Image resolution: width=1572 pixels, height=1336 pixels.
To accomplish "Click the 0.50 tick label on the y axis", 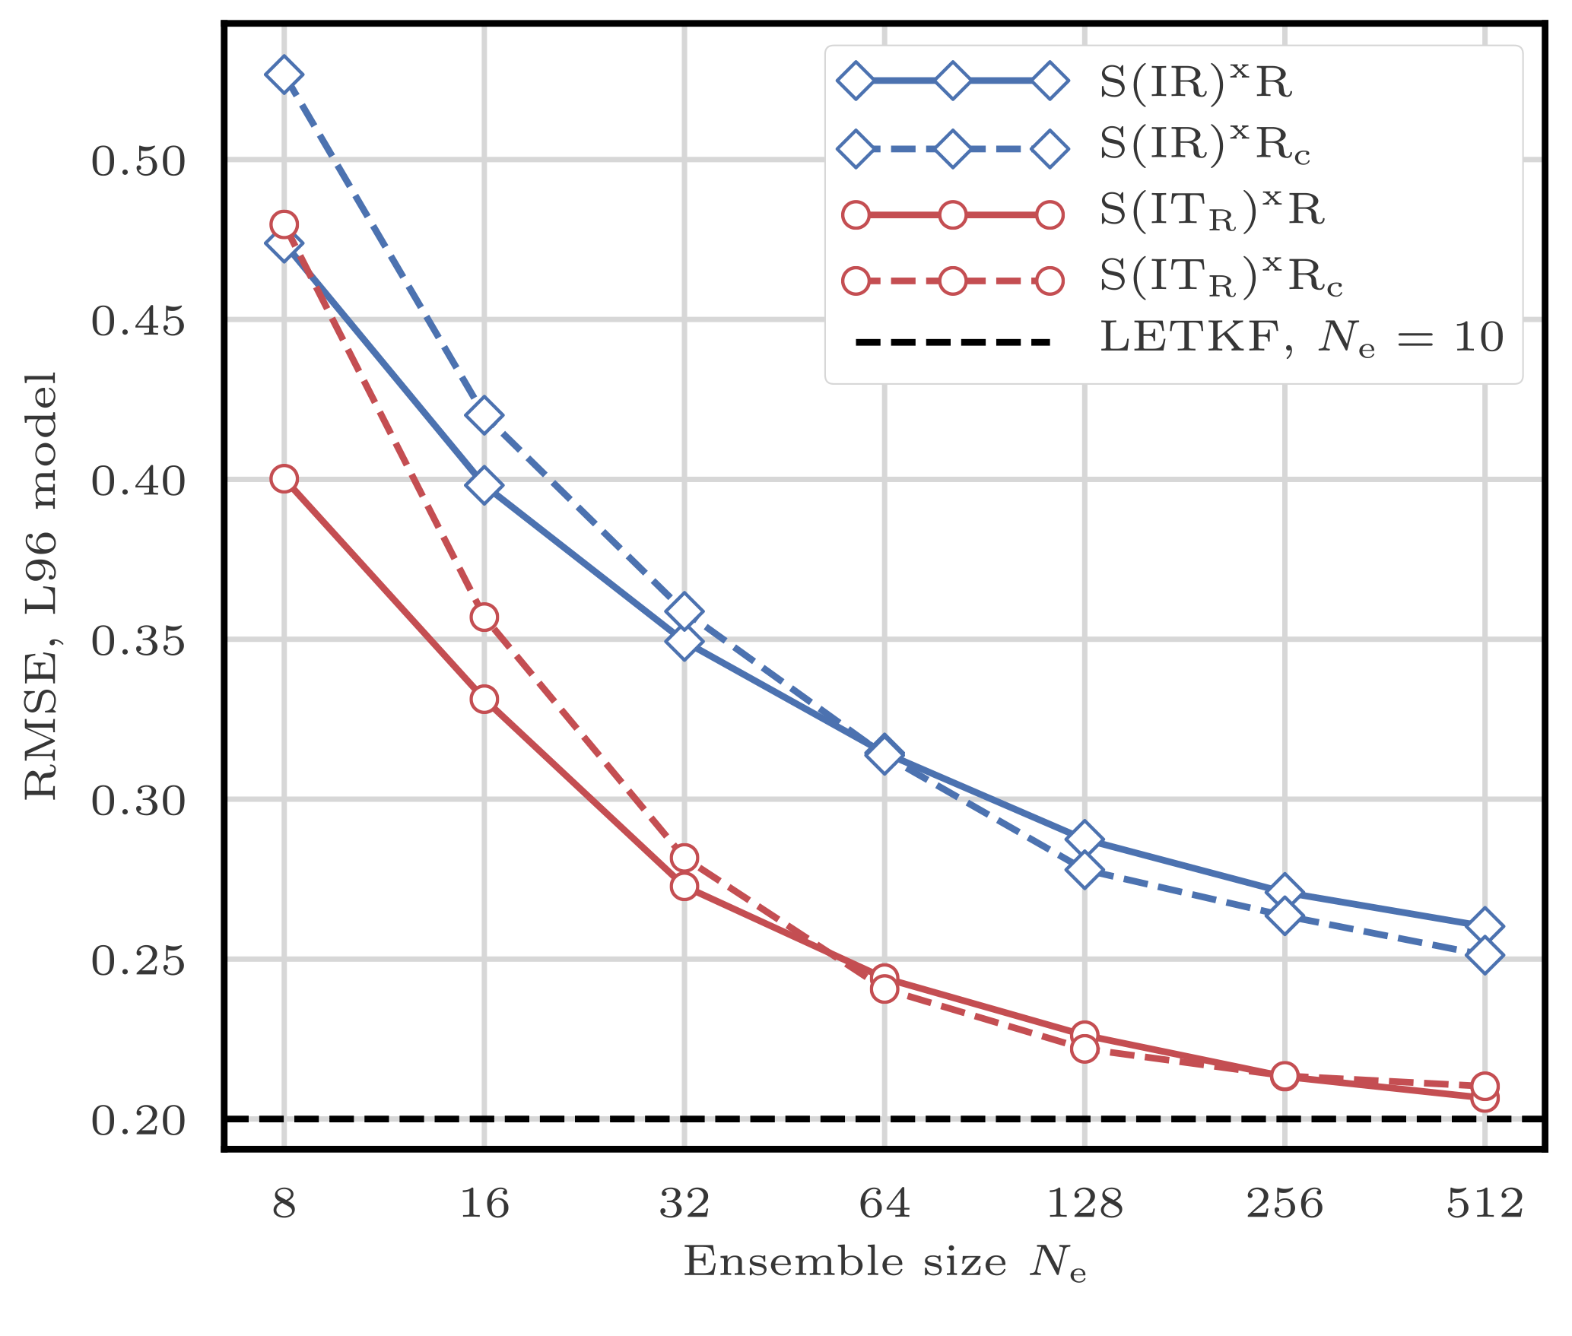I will click(x=138, y=161).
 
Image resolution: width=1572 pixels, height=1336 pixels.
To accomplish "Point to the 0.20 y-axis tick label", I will click(x=138, y=1121).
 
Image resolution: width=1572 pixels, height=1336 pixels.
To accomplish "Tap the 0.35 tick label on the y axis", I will click(x=138, y=641).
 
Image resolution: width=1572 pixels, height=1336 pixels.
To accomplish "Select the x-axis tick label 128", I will click(x=1085, y=1204).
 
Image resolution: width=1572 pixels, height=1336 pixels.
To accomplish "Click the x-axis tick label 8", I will click(x=284, y=1204).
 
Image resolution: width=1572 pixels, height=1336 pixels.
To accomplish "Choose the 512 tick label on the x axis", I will click(x=1485, y=1204).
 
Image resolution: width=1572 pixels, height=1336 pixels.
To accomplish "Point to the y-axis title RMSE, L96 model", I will click(x=42, y=585).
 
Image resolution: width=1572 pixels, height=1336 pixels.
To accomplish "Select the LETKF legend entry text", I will click(x=1301, y=336).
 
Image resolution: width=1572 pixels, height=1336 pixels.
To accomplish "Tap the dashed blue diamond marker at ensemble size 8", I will click(x=284, y=75).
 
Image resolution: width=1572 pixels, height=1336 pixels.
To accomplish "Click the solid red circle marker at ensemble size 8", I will click(x=284, y=479).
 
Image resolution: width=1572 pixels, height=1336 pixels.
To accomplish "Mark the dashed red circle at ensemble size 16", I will click(x=484, y=617).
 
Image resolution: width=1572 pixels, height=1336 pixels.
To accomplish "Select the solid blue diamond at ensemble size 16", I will click(x=484, y=485).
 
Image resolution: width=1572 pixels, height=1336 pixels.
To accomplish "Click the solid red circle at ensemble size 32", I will click(x=684, y=886).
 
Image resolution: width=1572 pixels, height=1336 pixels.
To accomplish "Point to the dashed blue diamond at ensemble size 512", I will click(x=1485, y=955).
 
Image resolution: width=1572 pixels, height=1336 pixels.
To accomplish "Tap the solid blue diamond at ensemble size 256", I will click(x=1285, y=890).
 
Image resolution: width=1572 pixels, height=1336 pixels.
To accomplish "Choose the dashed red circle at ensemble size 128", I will click(x=1085, y=1049).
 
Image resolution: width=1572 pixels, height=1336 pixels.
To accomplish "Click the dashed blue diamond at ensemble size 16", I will click(x=484, y=415).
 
